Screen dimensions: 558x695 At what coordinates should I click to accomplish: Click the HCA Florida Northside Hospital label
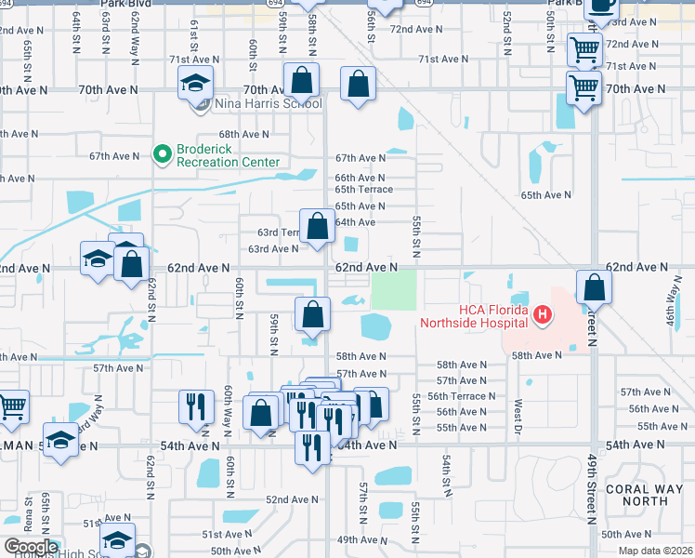pyautogui.click(x=473, y=316)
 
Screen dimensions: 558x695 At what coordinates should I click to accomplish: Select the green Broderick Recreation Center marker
pyautogui.click(x=163, y=152)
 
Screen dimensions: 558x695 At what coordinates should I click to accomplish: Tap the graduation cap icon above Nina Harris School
pyautogui.click(x=196, y=84)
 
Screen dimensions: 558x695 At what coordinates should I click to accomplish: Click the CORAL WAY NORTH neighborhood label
pyautogui.click(x=636, y=494)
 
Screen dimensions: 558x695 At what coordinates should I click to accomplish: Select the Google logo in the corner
pyautogui.click(x=31, y=547)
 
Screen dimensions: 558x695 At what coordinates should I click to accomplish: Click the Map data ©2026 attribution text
pyautogui.click(x=655, y=551)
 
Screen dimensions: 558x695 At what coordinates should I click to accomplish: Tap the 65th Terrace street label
pyautogui.click(x=360, y=190)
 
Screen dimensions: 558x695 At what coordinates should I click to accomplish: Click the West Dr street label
pyautogui.click(x=518, y=409)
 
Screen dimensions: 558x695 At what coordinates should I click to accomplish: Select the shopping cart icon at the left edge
pyautogui.click(x=12, y=405)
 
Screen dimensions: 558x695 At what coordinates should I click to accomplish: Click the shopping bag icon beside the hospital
pyautogui.click(x=594, y=287)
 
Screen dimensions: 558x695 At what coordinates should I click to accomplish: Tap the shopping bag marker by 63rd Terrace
pyautogui.click(x=318, y=226)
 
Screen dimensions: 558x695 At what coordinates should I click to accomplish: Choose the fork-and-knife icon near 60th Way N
pyautogui.click(x=196, y=406)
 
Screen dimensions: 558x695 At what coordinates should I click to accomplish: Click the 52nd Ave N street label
pyautogui.click(x=293, y=499)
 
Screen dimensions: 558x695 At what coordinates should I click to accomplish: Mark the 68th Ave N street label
pyautogui.click(x=244, y=134)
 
